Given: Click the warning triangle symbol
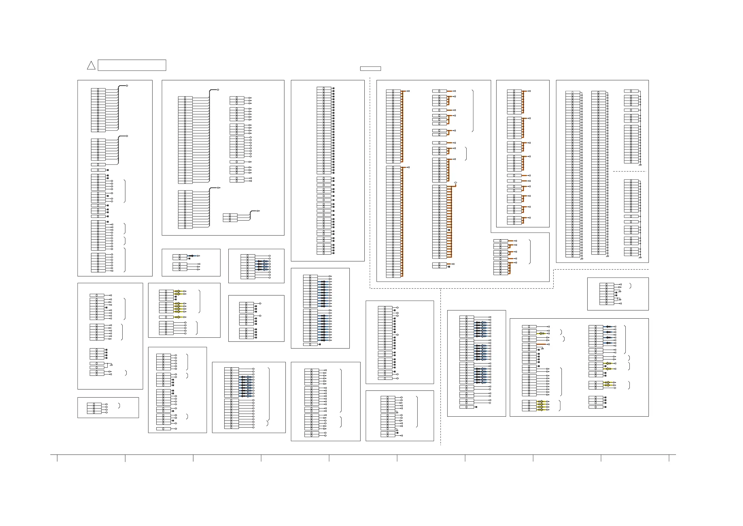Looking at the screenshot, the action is coord(91,66).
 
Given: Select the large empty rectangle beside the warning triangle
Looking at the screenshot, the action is coord(132,65).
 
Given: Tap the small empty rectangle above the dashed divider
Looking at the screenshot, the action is coord(370,68).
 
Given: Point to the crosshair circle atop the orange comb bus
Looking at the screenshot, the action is coord(455,183).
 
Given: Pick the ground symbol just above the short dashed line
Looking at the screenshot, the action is coord(640,165).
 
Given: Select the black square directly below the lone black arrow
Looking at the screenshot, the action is coord(189,259).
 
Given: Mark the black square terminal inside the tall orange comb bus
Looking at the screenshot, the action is coord(449,230).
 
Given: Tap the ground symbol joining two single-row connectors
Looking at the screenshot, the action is coord(111,365).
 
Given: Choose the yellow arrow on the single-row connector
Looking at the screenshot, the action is coord(177,317).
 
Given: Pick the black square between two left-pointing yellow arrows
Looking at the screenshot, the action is coord(605,366).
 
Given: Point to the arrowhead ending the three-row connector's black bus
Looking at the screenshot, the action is coord(258,211).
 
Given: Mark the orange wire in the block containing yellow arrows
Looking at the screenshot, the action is coord(541,344).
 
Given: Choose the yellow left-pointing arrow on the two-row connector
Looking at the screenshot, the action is coord(541,334).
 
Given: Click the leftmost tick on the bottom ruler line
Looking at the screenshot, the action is coord(57,458).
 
